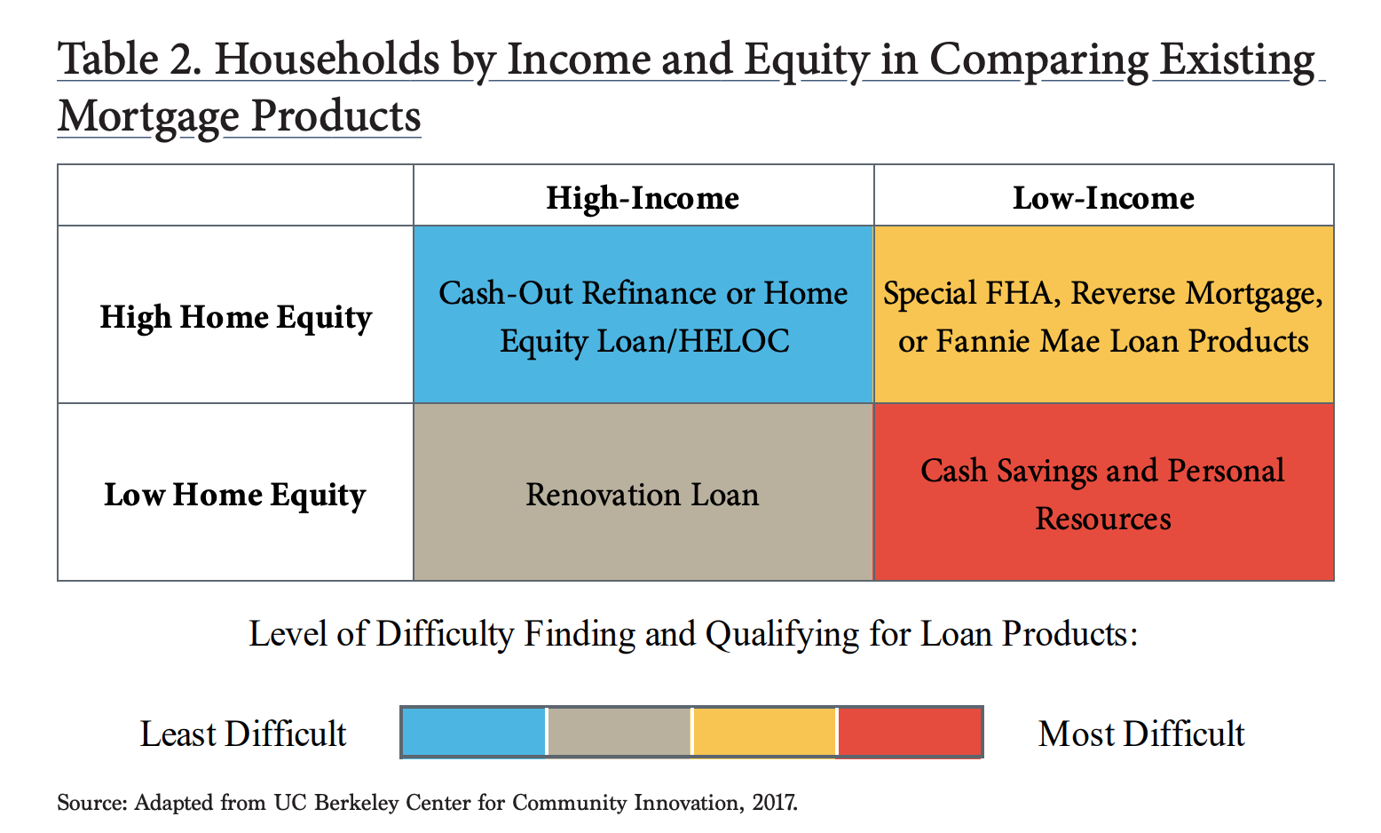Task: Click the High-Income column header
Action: click(x=643, y=198)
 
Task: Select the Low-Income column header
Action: click(x=1103, y=198)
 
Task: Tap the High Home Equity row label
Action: click(x=235, y=318)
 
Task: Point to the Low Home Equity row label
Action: click(x=235, y=496)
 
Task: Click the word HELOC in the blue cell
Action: click(x=734, y=341)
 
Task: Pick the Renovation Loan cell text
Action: click(x=642, y=495)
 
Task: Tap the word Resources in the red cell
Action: click(x=1103, y=519)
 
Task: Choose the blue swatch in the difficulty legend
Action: click(x=473, y=732)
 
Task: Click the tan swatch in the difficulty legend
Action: click(x=619, y=732)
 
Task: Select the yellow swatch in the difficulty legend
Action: click(x=764, y=732)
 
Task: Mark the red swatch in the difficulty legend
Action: click(x=910, y=732)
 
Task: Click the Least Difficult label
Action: click(x=243, y=734)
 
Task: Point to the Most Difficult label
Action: click(x=1141, y=734)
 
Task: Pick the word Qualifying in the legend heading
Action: click(x=782, y=634)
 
